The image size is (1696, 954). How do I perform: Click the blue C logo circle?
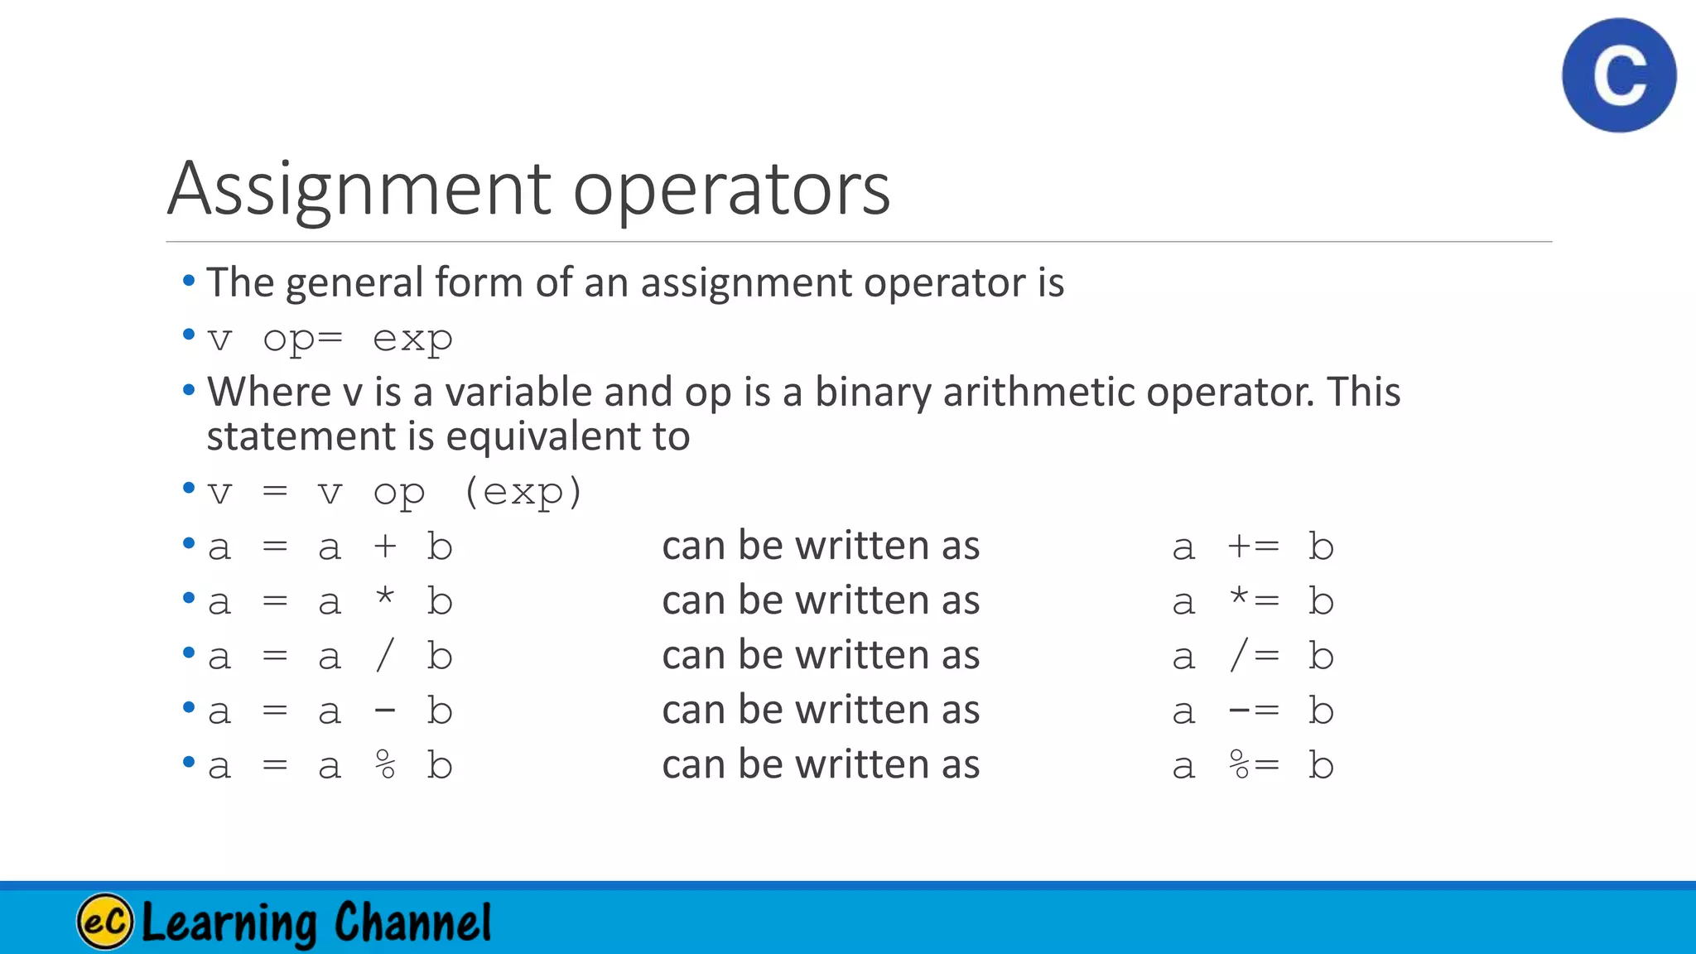point(1619,75)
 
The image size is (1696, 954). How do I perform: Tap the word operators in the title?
point(731,190)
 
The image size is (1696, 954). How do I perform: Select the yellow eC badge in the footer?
point(105,921)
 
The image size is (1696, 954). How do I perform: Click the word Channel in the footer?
point(412,923)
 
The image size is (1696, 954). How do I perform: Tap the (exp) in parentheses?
point(523,493)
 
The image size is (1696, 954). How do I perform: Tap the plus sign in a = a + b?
point(385,547)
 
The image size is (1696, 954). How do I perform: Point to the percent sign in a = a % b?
point(385,765)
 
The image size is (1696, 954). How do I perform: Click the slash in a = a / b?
point(385,656)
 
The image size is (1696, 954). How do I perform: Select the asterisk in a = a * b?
point(385,598)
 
